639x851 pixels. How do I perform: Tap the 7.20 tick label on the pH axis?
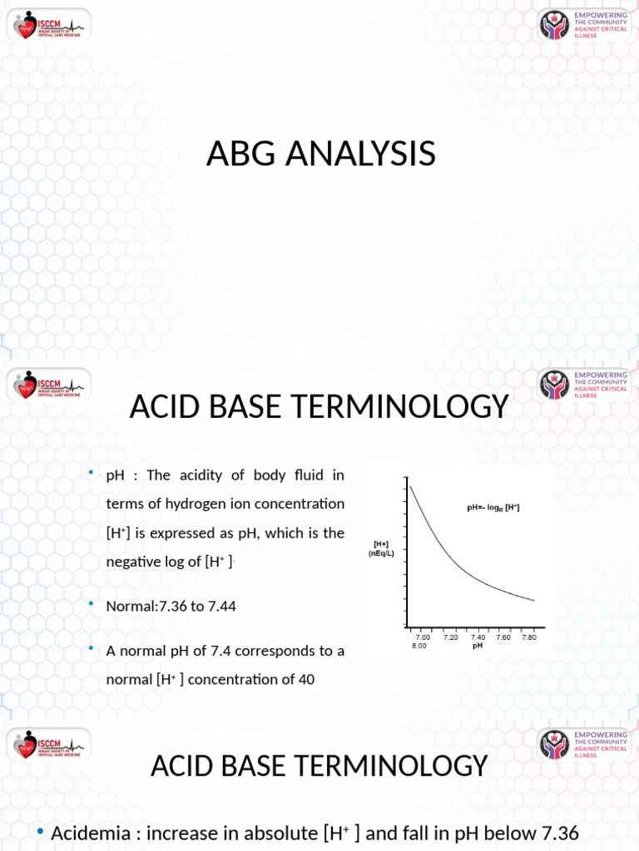coord(450,637)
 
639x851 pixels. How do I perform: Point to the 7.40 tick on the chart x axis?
coord(478,637)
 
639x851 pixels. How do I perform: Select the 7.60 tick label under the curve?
coord(503,637)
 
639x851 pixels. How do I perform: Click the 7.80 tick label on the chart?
coord(529,637)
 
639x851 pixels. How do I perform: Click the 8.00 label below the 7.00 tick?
coord(419,645)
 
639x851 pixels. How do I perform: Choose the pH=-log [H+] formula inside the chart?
coord(492,507)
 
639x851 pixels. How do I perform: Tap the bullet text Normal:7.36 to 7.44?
coord(171,606)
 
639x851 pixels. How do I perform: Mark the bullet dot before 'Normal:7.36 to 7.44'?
coord(92,604)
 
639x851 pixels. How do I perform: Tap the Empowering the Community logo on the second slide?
coord(583,384)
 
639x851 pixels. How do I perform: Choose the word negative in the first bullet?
coord(134,562)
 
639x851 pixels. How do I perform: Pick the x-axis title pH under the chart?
coord(478,646)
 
